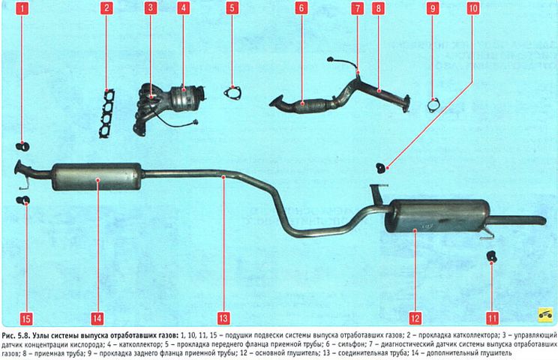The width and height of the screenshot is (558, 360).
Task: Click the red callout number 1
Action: click(x=22, y=8)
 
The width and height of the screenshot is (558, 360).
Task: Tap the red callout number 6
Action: click(x=301, y=8)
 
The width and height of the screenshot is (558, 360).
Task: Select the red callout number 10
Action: click(x=473, y=8)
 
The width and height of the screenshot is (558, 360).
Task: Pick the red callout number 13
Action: click(x=223, y=318)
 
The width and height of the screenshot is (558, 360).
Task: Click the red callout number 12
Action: click(x=415, y=318)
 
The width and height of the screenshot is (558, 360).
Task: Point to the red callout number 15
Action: click(x=26, y=318)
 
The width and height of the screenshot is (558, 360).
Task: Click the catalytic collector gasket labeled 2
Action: click(x=106, y=113)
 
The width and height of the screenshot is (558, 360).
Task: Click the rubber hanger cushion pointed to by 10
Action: click(x=381, y=168)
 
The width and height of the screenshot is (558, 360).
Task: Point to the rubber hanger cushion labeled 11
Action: click(x=491, y=256)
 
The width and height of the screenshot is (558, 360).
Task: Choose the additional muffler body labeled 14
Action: click(x=97, y=177)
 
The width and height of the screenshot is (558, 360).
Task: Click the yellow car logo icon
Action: click(x=544, y=314)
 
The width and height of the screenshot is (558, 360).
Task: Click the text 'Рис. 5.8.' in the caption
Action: click(x=16, y=335)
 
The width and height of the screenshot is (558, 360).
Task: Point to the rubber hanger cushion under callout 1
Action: click(x=23, y=145)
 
